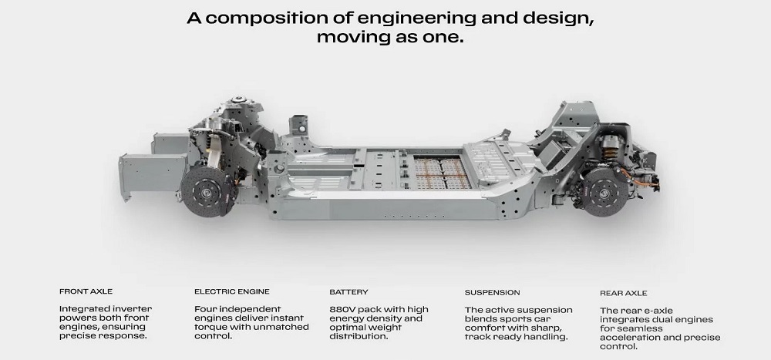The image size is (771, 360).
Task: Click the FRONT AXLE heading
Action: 86,291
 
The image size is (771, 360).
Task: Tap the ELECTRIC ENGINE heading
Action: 232,291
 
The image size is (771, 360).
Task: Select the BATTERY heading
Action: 348,292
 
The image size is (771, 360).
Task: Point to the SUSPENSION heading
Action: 492,293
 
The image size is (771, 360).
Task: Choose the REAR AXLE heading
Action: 624,293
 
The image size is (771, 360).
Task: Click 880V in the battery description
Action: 342,309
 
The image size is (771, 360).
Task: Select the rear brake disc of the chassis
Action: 604,192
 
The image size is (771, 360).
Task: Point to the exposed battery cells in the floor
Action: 441,173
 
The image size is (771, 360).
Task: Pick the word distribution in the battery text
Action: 359,336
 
